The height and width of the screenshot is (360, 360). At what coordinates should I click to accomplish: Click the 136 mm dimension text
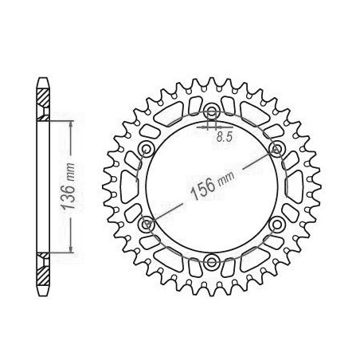(68, 186)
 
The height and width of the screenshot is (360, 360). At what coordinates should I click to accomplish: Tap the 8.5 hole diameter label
(225, 137)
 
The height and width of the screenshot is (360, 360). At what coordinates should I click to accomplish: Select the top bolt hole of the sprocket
(212, 111)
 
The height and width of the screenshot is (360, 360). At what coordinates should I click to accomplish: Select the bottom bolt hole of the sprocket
(212, 261)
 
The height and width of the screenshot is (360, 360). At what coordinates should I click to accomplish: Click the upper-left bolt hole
(146, 148)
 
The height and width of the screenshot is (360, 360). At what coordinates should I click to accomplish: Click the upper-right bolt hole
(276, 148)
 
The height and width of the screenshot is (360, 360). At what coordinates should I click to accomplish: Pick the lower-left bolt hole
(146, 225)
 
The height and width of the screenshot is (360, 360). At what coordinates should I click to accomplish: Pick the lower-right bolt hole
(277, 225)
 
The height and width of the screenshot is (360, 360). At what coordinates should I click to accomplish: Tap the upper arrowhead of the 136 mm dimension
(71, 125)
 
